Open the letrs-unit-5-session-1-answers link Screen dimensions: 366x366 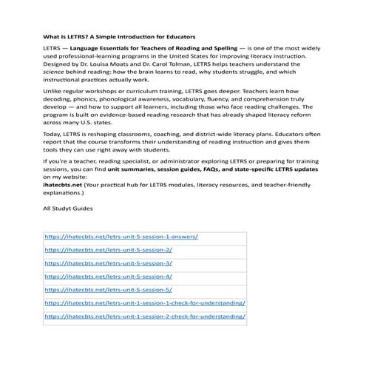click(121, 237)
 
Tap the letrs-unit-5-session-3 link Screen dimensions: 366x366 click(109, 263)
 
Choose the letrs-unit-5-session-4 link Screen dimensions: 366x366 click(109, 277)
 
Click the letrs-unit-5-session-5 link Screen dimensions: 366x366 click(109, 290)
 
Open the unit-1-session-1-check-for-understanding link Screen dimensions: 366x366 click(145, 303)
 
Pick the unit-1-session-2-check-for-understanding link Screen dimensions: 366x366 click(145, 316)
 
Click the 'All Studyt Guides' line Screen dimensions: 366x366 click(68, 209)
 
